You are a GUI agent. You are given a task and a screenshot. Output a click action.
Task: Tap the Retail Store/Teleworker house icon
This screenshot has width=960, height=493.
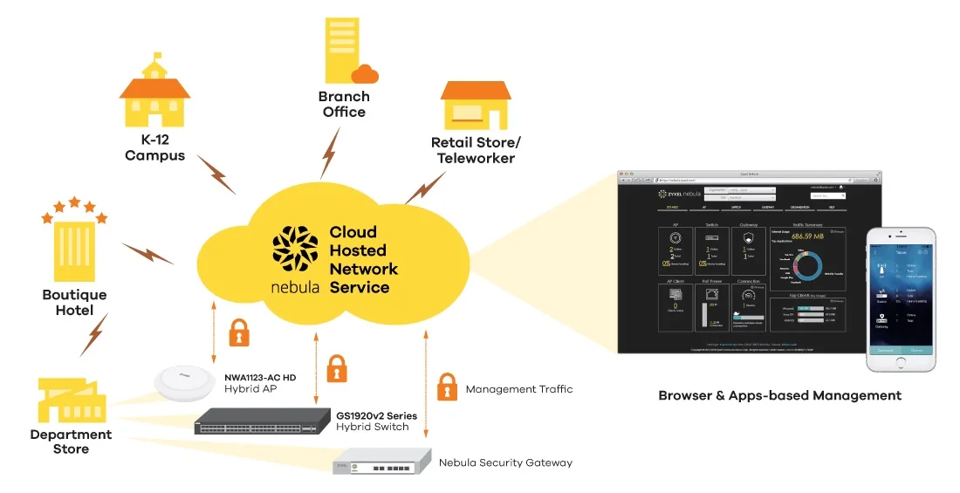[x=475, y=106]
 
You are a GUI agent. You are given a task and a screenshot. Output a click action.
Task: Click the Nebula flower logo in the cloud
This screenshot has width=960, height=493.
[x=294, y=249]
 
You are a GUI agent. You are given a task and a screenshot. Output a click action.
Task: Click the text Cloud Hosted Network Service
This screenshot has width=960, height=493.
[x=363, y=259]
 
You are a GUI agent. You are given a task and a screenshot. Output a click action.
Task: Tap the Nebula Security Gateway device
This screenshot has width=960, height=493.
[x=384, y=460]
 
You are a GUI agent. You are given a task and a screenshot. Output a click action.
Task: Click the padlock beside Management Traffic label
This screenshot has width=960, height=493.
[x=447, y=386]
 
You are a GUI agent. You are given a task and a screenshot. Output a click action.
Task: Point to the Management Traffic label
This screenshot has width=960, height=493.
[x=518, y=389]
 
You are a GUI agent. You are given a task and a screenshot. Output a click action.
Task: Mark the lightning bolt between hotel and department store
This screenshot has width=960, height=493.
[x=93, y=334]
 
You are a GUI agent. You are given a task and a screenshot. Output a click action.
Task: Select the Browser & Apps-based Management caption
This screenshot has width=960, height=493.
[x=779, y=395]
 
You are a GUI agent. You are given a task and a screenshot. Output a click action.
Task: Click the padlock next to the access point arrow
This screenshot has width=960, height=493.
[x=238, y=332]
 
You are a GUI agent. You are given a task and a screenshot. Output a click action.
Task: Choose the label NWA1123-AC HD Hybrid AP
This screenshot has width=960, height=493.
[x=260, y=382]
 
